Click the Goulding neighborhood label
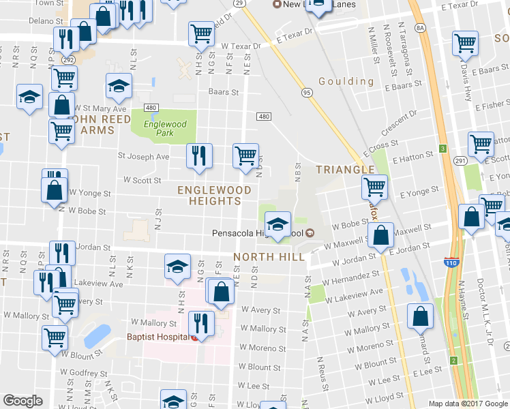tap(350, 82)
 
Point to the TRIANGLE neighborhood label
tap(344, 169)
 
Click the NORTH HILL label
tap(266, 257)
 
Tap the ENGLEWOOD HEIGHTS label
tap(209, 195)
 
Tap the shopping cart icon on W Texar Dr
tap(201, 34)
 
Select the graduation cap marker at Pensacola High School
tap(277, 225)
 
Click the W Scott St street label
tap(142, 181)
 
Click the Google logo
tap(22, 401)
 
